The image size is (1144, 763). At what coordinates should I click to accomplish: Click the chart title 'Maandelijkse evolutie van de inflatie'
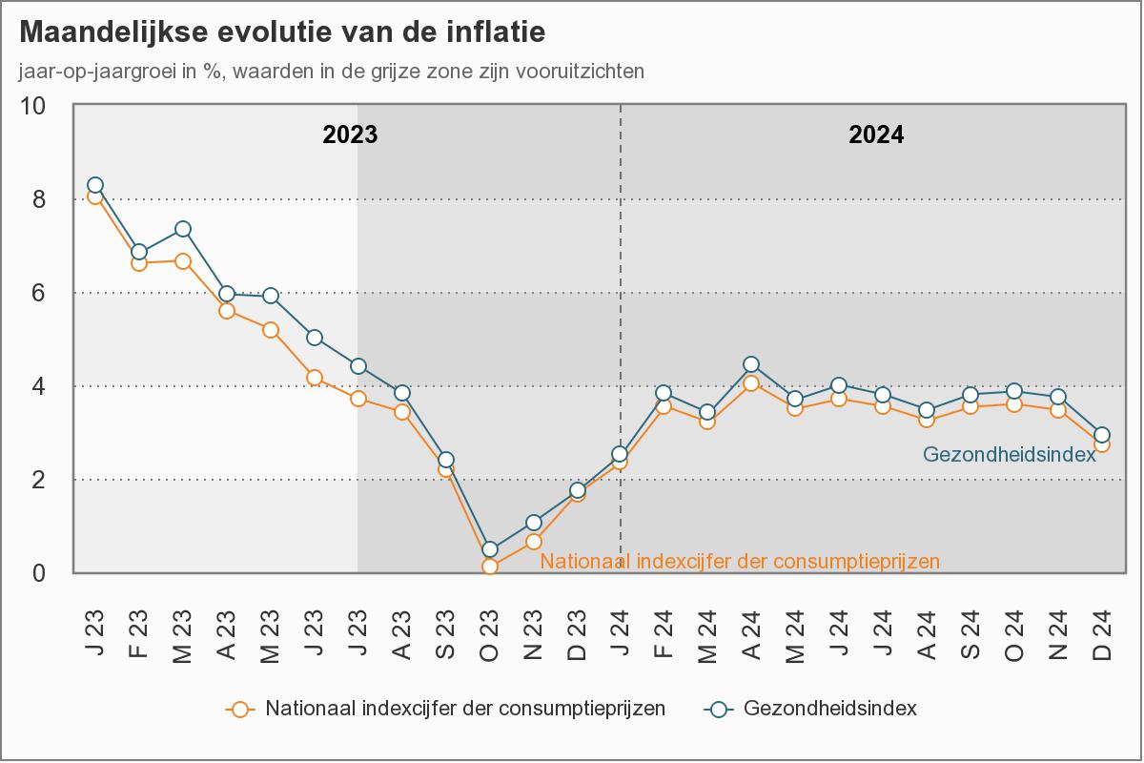[282, 32]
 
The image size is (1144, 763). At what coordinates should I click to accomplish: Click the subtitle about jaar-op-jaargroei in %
[331, 72]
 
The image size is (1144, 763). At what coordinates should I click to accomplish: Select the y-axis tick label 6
[39, 293]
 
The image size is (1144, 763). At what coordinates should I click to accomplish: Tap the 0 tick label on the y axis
[39, 573]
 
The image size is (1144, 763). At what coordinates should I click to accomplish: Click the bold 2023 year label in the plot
[350, 134]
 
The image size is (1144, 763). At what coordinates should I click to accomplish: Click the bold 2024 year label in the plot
[876, 134]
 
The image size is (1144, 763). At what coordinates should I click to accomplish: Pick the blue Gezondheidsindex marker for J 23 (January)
[95, 185]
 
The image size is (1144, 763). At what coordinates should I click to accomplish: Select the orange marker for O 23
[490, 567]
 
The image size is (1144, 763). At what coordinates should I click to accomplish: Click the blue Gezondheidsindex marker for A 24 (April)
[751, 364]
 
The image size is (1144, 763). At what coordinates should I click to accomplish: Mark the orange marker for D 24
[1102, 443]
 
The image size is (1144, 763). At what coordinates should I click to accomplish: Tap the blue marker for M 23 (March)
[183, 229]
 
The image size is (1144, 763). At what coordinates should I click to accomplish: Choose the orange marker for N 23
[534, 542]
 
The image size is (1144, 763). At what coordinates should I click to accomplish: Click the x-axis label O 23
[490, 633]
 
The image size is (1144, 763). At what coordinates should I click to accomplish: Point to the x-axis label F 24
[665, 633]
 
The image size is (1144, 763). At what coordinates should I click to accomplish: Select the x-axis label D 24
[1102, 633]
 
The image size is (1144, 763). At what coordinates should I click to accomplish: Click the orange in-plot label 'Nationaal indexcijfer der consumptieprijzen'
[740, 561]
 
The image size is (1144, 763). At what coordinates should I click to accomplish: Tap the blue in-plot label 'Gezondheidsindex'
[1010, 455]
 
